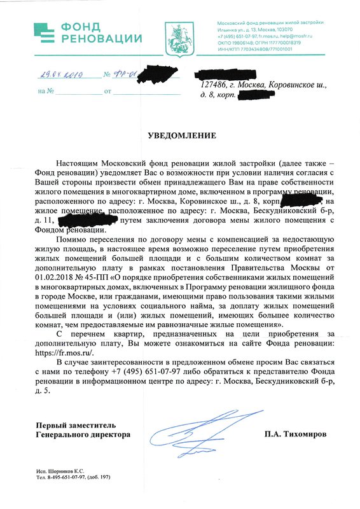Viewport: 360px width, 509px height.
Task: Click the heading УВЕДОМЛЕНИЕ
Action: pyautogui.click(x=183, y=136)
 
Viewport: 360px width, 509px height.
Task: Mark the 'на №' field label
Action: pyautogui.click(x=46, y=91)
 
